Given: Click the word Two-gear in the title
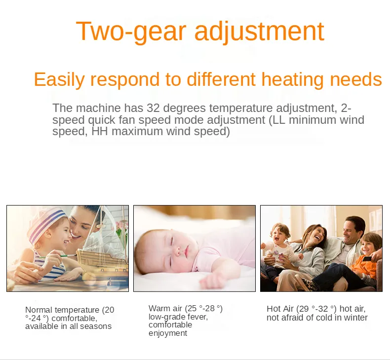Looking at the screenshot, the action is tap(131, 32).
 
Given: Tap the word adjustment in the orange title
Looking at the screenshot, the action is tap(259, 32).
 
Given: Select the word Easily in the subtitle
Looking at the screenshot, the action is tap(59, 80).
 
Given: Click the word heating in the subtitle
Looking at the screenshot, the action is tap(292, 80).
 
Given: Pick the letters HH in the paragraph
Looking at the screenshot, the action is tap(100, 132).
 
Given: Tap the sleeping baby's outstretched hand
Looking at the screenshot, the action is tap(213, 281).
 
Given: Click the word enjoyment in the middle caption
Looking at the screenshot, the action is tap(168, 333).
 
